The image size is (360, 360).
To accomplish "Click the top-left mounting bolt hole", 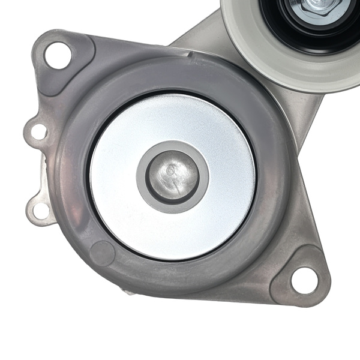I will point(58,55).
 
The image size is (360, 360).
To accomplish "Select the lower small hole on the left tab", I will point(41,211).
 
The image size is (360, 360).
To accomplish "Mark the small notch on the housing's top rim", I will point(191,55).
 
